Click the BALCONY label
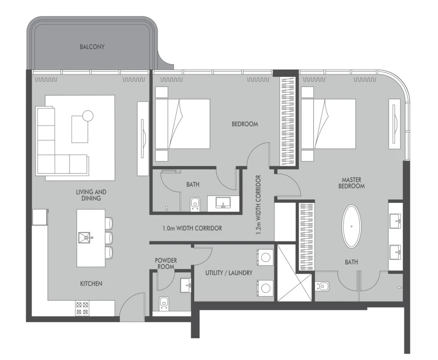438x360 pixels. click(92, 47)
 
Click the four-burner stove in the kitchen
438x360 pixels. click(82, 308)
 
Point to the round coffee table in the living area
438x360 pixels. click(88, 116)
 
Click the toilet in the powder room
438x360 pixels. click(164, 303)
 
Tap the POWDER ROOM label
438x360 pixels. click(166, 263)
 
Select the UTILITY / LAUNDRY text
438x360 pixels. click(229, 273)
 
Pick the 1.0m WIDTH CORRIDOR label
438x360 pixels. click(193, 228)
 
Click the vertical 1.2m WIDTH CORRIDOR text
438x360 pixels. click(258, 205)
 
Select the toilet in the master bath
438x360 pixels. click(323, 286)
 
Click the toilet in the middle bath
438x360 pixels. click(195, 204)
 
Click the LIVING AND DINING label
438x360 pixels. click(91, 195)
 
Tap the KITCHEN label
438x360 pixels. click(91, 284)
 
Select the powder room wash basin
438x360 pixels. click(185, 285)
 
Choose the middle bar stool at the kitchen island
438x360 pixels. click(109, 237)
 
